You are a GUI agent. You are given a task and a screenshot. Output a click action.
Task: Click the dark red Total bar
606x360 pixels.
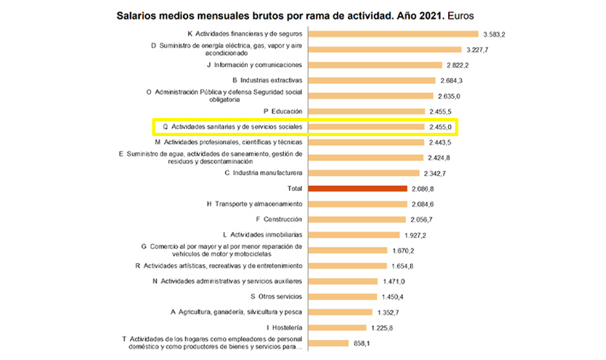coord(358,188)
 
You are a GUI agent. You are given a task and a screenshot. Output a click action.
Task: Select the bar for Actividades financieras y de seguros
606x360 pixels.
coord(394,34)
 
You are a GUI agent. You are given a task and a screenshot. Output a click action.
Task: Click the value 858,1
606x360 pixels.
coord(360,343)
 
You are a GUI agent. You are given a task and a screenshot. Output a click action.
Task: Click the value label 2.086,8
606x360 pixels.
coord(422,189)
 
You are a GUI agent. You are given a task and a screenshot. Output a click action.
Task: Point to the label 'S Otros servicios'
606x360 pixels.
coord(276,297)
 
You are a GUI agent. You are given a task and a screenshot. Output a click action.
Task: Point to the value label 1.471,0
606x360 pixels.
coord(392,281)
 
